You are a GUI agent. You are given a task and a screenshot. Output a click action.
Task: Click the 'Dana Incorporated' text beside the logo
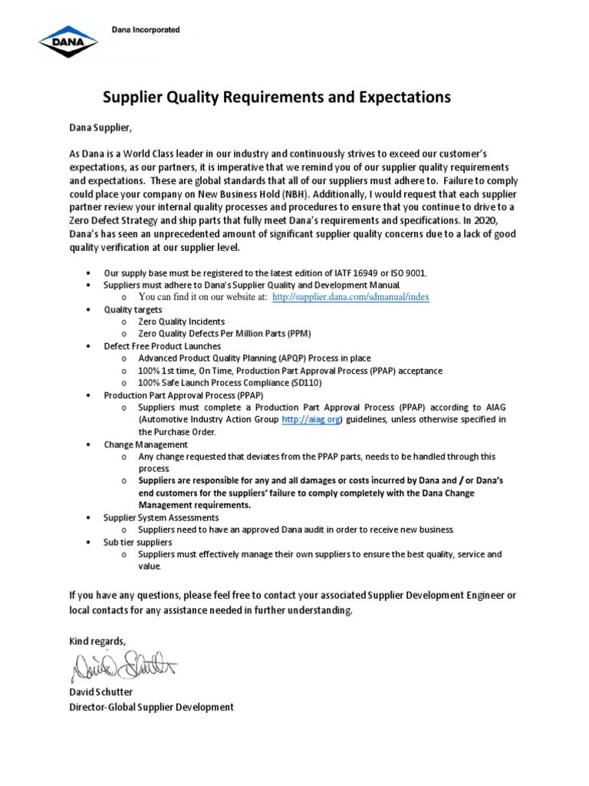coord(141,30)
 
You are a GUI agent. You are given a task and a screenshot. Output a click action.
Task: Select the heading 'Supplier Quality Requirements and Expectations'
coord(277,97)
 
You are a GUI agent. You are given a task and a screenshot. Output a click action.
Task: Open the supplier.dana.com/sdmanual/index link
coord(350,297)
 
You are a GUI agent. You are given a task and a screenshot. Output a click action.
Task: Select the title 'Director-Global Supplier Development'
coord(151,707)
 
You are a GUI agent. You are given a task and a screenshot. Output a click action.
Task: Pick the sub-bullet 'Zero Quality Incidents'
coord(181,322)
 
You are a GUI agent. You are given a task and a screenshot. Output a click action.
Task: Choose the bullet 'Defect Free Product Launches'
coord(162,346)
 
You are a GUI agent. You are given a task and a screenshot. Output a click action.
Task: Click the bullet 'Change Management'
coord(146,444)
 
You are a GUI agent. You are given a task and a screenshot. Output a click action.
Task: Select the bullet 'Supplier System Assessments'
coord(161,517)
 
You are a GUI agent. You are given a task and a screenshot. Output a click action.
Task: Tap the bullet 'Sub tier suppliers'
coord(138,542)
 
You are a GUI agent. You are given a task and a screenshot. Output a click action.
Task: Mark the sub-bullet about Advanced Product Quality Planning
coord(255,358)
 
